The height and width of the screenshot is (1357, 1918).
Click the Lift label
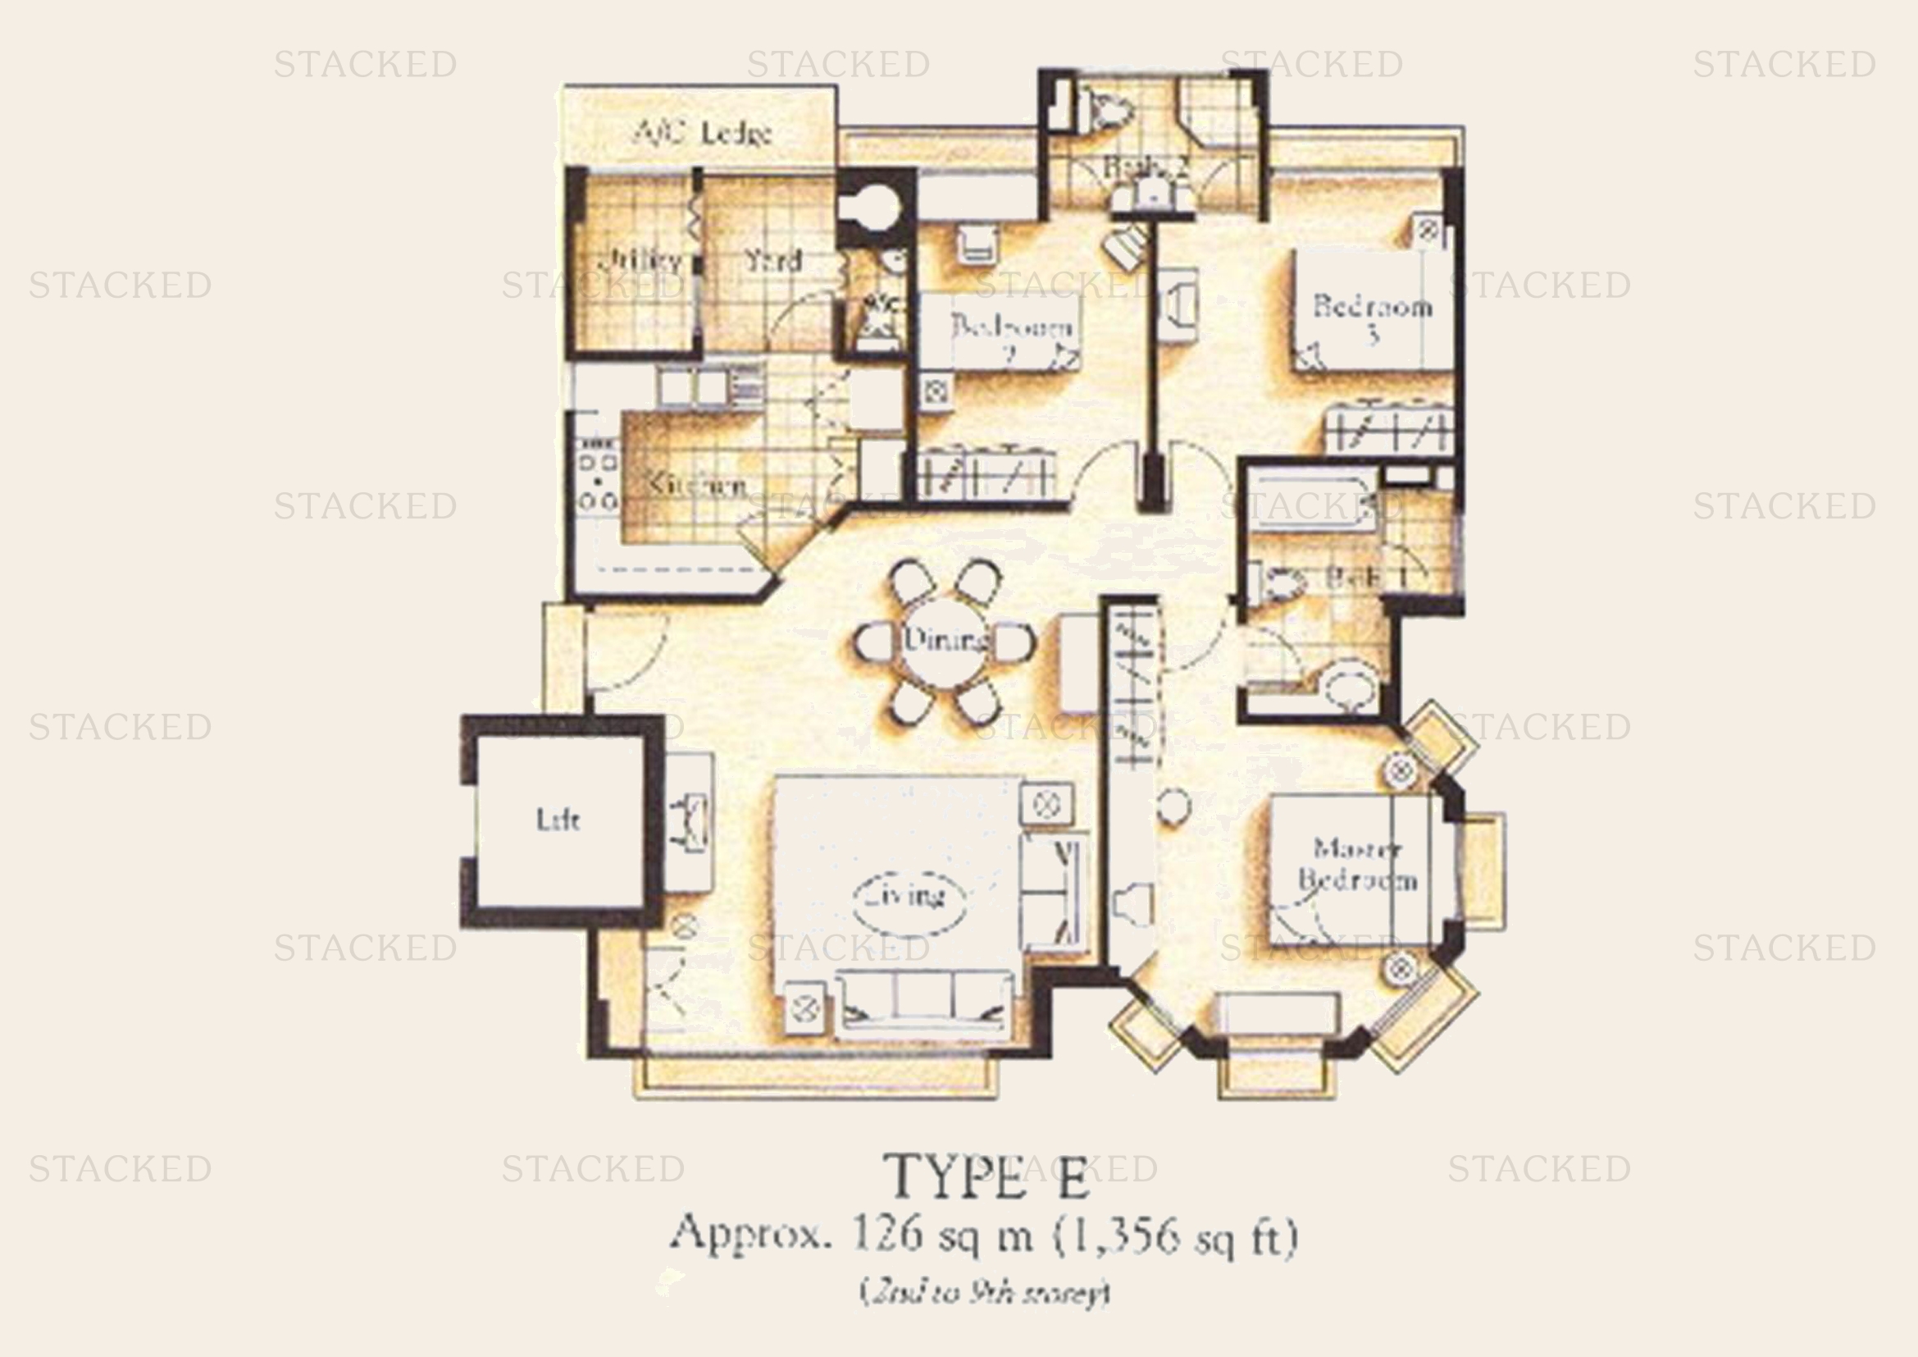[557, 820]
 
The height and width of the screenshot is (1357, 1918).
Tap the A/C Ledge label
[703, 133]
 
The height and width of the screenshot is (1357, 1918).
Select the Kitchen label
[698, 486]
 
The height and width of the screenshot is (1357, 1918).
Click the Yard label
[773, 261]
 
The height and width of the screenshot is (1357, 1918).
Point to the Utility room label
[640, 261]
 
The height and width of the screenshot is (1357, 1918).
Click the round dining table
[944, 642]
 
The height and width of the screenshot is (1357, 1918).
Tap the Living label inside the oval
[909, 897]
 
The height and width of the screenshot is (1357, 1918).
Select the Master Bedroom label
[1356, 865]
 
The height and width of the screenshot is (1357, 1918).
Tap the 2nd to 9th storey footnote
[985, 1294]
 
